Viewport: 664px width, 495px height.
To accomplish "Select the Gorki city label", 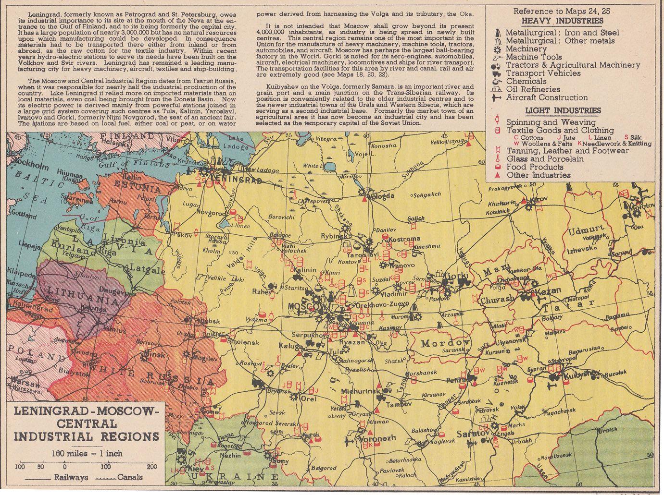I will (452, 276).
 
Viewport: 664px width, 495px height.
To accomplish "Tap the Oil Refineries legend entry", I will (533, 89).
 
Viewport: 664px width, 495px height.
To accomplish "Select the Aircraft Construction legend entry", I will (546, 97).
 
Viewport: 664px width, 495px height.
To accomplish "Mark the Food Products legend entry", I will (534, 167).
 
